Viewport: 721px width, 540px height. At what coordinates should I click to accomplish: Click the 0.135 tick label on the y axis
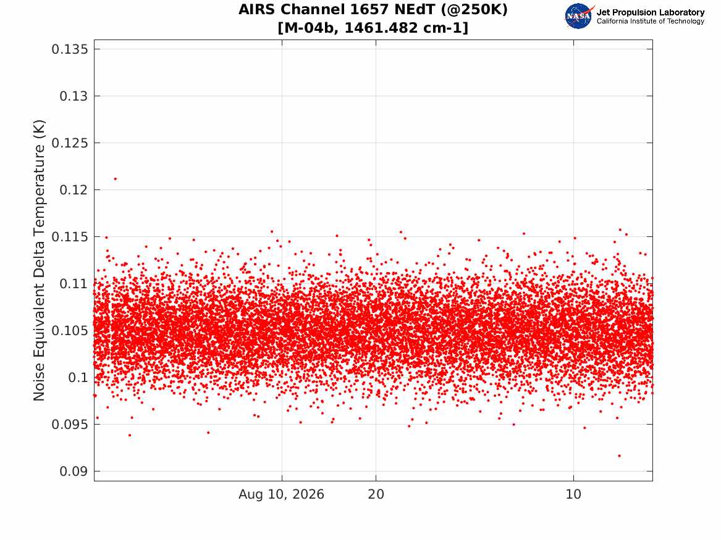pyautogui.click(x=69, y=49)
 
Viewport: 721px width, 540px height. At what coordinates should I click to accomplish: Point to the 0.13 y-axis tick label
pyautogui.click(x=74, y=96)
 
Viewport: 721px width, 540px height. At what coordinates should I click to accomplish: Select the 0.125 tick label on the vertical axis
pyautogui.click(x=69, y=143)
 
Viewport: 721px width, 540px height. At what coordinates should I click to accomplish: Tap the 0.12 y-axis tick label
pyautogui.click(x=74, y=189)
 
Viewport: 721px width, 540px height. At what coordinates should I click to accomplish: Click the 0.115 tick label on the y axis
pyautogui.click(x=69, y=237)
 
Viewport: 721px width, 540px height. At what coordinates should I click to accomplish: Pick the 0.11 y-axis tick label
pyautogui.click(x=74, y=284)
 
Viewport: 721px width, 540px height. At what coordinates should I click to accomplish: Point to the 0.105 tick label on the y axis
pyautogui.click(x=69, y=331)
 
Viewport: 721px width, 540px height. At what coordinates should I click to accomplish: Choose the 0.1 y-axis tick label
pyautogui.click(x=78, y=378)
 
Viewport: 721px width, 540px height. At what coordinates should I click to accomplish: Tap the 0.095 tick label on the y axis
pyautogui.click(x=69, y=425)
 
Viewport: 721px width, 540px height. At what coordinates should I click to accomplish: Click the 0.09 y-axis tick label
pyautogui.click(x=74, y=471)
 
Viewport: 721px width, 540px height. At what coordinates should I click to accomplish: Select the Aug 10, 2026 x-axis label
pyautogui.click(x=281, y=494)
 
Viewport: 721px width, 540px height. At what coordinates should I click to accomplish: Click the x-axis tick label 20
pyautogui.click(x=376, y=494)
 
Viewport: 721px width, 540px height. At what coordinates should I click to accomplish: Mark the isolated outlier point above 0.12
pyautogui.click(x=116, y=179)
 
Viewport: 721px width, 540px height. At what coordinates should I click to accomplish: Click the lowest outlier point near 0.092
pyautogui.click(x=620, y=456)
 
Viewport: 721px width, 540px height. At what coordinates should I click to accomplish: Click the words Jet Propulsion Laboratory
pyautogui.click(x=651, y=12)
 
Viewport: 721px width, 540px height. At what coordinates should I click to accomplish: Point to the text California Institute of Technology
pyautogui.click(x=651, y=21)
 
